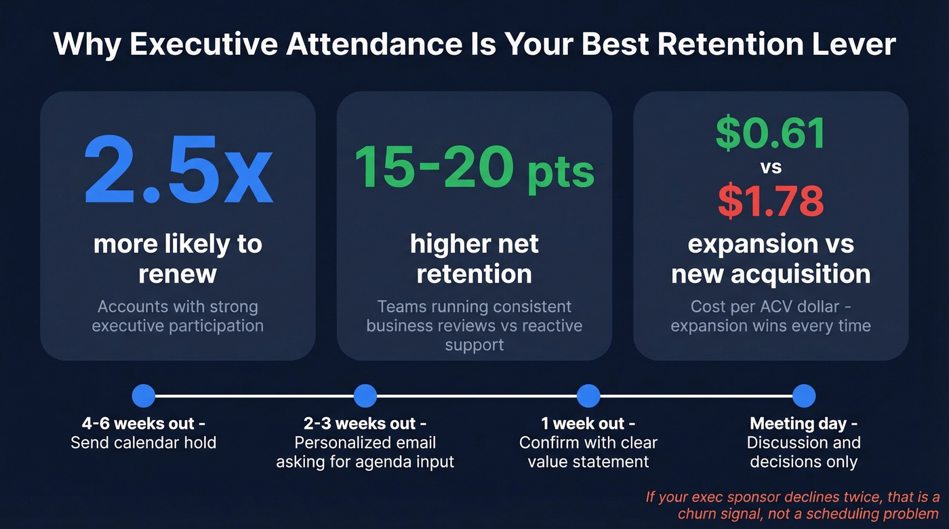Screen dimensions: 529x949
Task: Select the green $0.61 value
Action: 771,133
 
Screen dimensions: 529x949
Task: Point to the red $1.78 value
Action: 771,201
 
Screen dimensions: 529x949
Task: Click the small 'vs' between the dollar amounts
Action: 771,167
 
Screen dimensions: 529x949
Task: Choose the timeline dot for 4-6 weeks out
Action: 144,396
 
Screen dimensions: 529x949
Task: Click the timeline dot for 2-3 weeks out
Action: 365,396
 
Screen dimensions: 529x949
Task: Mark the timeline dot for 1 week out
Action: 588,396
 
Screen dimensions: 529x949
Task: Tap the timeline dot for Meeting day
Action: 803,396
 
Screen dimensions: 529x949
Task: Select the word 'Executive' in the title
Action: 202,45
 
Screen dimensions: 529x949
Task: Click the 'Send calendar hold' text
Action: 144,444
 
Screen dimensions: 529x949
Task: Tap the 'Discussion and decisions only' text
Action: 803,452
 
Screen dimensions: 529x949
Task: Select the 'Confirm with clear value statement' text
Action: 588,452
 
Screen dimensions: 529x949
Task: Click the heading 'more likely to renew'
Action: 178,259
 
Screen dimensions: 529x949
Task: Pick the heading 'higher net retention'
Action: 474,259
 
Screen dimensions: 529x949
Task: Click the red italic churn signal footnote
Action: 792,505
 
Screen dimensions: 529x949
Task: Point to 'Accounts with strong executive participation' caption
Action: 178,316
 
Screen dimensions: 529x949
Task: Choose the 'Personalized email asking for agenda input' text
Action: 365,452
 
